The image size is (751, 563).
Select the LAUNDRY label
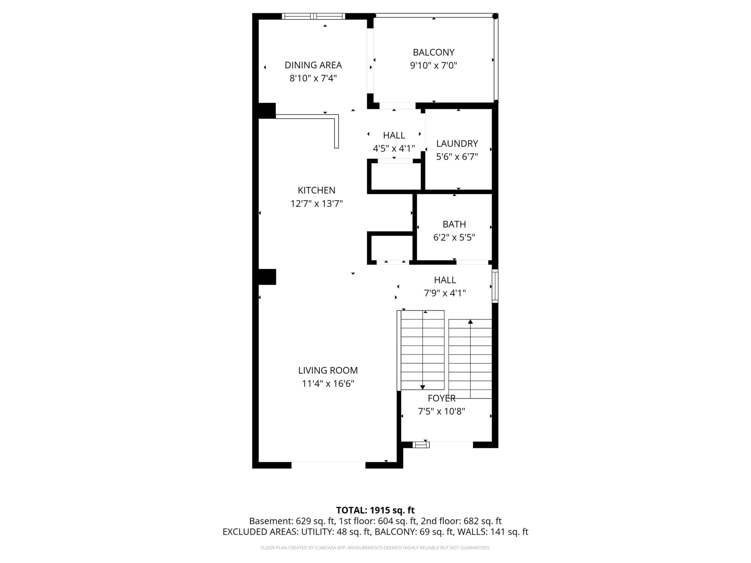(457, 144)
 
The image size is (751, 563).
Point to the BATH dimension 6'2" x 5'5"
(454, 237)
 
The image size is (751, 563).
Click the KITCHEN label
(316, 190)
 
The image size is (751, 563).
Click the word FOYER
(441, 398)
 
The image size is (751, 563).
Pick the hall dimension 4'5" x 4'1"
(393, 148)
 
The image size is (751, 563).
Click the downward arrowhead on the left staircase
(422, 387)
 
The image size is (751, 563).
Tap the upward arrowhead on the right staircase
(470, 321)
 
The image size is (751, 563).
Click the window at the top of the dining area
(313, 16)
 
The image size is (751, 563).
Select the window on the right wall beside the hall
(495, 286)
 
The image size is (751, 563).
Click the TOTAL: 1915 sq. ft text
(375, 510)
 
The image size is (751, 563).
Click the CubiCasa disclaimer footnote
(375, 548)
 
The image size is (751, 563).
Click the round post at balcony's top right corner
(495, 16)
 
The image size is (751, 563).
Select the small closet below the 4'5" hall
(396, 176)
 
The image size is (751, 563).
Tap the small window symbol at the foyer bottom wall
(421, 445)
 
